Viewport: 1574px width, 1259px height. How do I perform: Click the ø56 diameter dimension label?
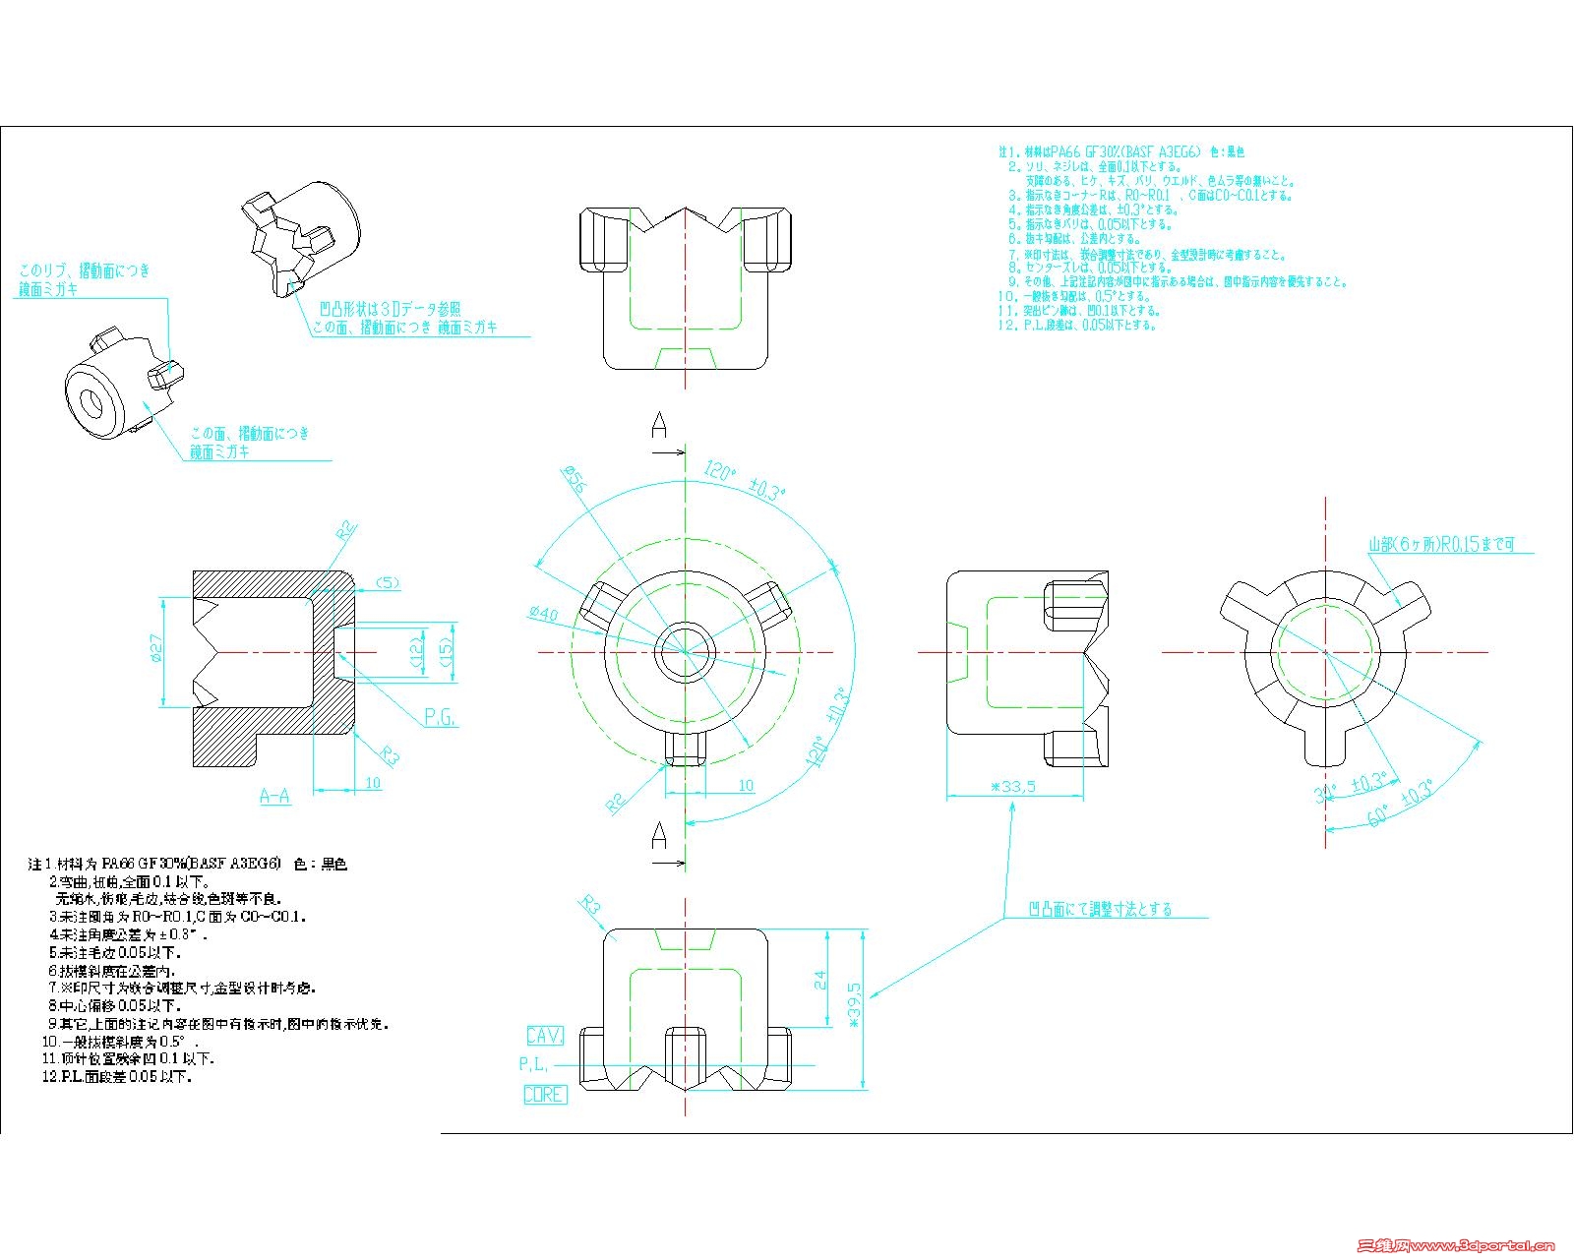[575, 479]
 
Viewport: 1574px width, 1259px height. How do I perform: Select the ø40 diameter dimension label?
[543, 614]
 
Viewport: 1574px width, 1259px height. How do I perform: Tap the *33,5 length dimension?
[1012, 787]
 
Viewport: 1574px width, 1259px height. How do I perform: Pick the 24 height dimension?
[820, 980]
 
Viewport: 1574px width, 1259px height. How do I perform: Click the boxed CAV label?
[544, 1036]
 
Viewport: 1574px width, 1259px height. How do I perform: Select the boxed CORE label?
[544, 1095]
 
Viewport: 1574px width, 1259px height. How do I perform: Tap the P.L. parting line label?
[534, 1064]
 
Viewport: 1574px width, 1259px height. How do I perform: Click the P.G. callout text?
[440, 718]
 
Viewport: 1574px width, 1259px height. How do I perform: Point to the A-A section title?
[274, 796]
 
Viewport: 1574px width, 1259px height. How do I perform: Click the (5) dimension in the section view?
[388, 583]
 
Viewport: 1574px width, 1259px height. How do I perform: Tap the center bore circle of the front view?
[685, 651]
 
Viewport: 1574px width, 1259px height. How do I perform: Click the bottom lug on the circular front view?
[685, 748]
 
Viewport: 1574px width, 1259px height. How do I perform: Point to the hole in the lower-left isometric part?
[95, 402]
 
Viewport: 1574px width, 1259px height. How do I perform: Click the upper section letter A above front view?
[659, 427]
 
